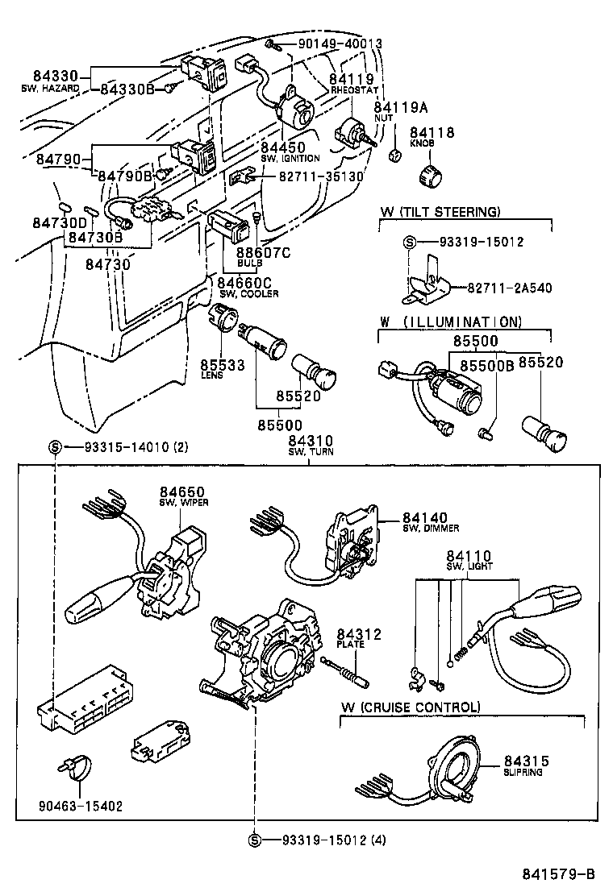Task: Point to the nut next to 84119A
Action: coord(395,155)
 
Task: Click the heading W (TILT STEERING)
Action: coord(440,212)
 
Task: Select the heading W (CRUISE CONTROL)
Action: coord(410,707)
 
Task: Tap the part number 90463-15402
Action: coord(81,806)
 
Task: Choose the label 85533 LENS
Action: coord(222,369)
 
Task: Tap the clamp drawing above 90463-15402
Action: coord(74,768)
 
